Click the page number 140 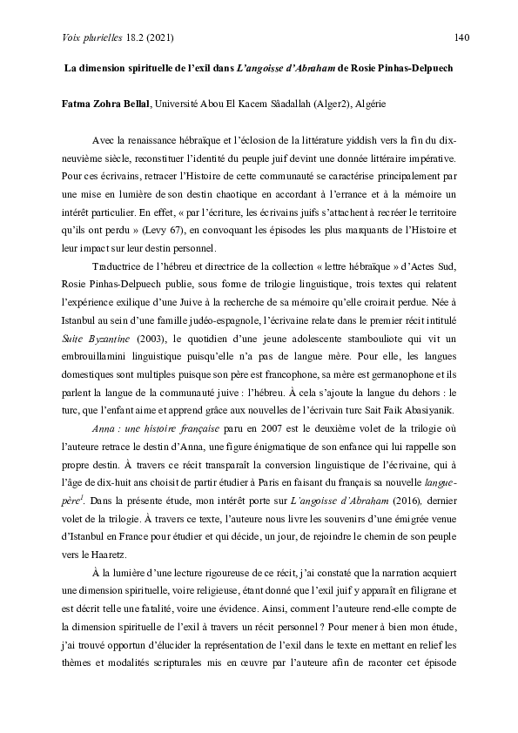click(x=462, y=37)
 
